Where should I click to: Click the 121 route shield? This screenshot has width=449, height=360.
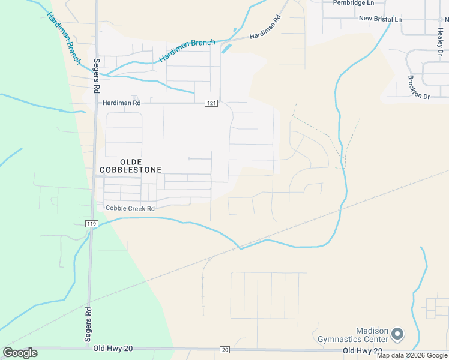tap(210, 103)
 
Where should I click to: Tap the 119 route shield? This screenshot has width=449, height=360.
tap(91, 224)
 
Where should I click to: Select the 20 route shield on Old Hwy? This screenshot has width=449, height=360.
tap(224, 350)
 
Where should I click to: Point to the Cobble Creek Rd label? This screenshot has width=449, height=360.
tap(130, 208)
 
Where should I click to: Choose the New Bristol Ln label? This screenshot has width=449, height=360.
tap(380, 19)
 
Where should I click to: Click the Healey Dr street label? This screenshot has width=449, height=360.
tap(440, 45)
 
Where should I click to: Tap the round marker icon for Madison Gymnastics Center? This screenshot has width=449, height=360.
tap(398, 333)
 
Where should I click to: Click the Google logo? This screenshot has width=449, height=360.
tap(20, 353)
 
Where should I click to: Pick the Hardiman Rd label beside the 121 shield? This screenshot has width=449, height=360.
tap(121, 103)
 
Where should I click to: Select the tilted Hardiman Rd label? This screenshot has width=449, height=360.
tap(265, 28)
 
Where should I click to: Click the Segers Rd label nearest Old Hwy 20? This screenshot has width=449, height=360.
tap(88, 325)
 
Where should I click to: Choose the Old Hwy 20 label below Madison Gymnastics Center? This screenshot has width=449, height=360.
tap(363, 350)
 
